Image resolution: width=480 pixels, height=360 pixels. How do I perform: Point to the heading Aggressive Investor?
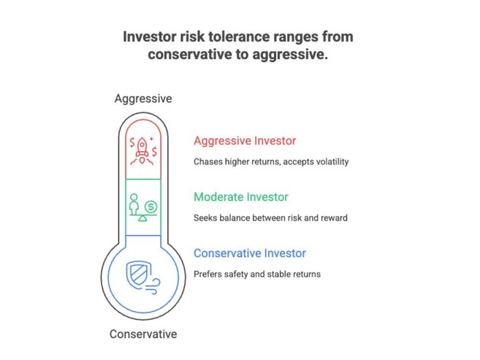245,141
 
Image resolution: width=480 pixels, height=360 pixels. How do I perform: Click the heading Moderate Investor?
240,197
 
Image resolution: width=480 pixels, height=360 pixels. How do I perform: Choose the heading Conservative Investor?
250,253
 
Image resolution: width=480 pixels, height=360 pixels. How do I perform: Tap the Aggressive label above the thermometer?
143,99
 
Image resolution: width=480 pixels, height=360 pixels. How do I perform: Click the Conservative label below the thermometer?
143,334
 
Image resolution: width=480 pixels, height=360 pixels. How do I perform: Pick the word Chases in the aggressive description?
207,161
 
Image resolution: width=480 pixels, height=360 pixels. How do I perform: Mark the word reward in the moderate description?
332,218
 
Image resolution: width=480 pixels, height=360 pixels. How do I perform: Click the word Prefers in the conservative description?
208,274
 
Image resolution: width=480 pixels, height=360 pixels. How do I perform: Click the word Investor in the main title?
153,37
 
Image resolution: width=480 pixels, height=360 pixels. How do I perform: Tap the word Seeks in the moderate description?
205,218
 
